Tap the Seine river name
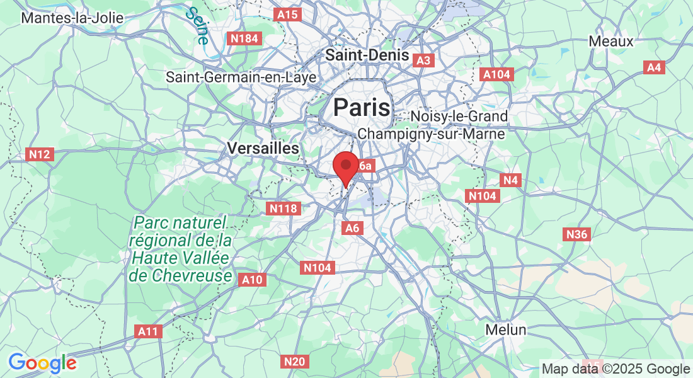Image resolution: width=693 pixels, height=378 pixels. [x=198, y=25]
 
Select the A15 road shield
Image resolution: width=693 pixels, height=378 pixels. [x=287, y=14]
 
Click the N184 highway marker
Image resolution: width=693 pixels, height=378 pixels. [x=244, y=39]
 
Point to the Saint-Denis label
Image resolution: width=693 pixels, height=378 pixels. [x=367, y=55]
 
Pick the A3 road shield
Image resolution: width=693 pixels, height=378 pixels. [x=423, y=60]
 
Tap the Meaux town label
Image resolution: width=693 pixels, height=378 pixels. [x=610, y=42]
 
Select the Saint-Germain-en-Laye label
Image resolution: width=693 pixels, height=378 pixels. [x=241, y=77]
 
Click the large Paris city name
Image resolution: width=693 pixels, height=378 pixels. [x=362, y=107]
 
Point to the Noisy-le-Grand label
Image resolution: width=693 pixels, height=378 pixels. [x=459, y=117]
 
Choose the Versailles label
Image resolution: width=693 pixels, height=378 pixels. [x=263, y=149]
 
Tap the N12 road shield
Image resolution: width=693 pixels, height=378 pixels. [x=40, y=154]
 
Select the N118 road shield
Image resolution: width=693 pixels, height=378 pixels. [x=283, y=208]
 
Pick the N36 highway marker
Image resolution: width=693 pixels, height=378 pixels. [x=576, y=235]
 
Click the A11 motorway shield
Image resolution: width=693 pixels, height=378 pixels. [x=149, y=331]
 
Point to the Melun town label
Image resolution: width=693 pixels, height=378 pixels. [x=506, y=329]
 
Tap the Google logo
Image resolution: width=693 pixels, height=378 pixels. [x=42, y=363]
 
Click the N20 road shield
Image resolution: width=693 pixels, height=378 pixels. [x=294, y=362]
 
